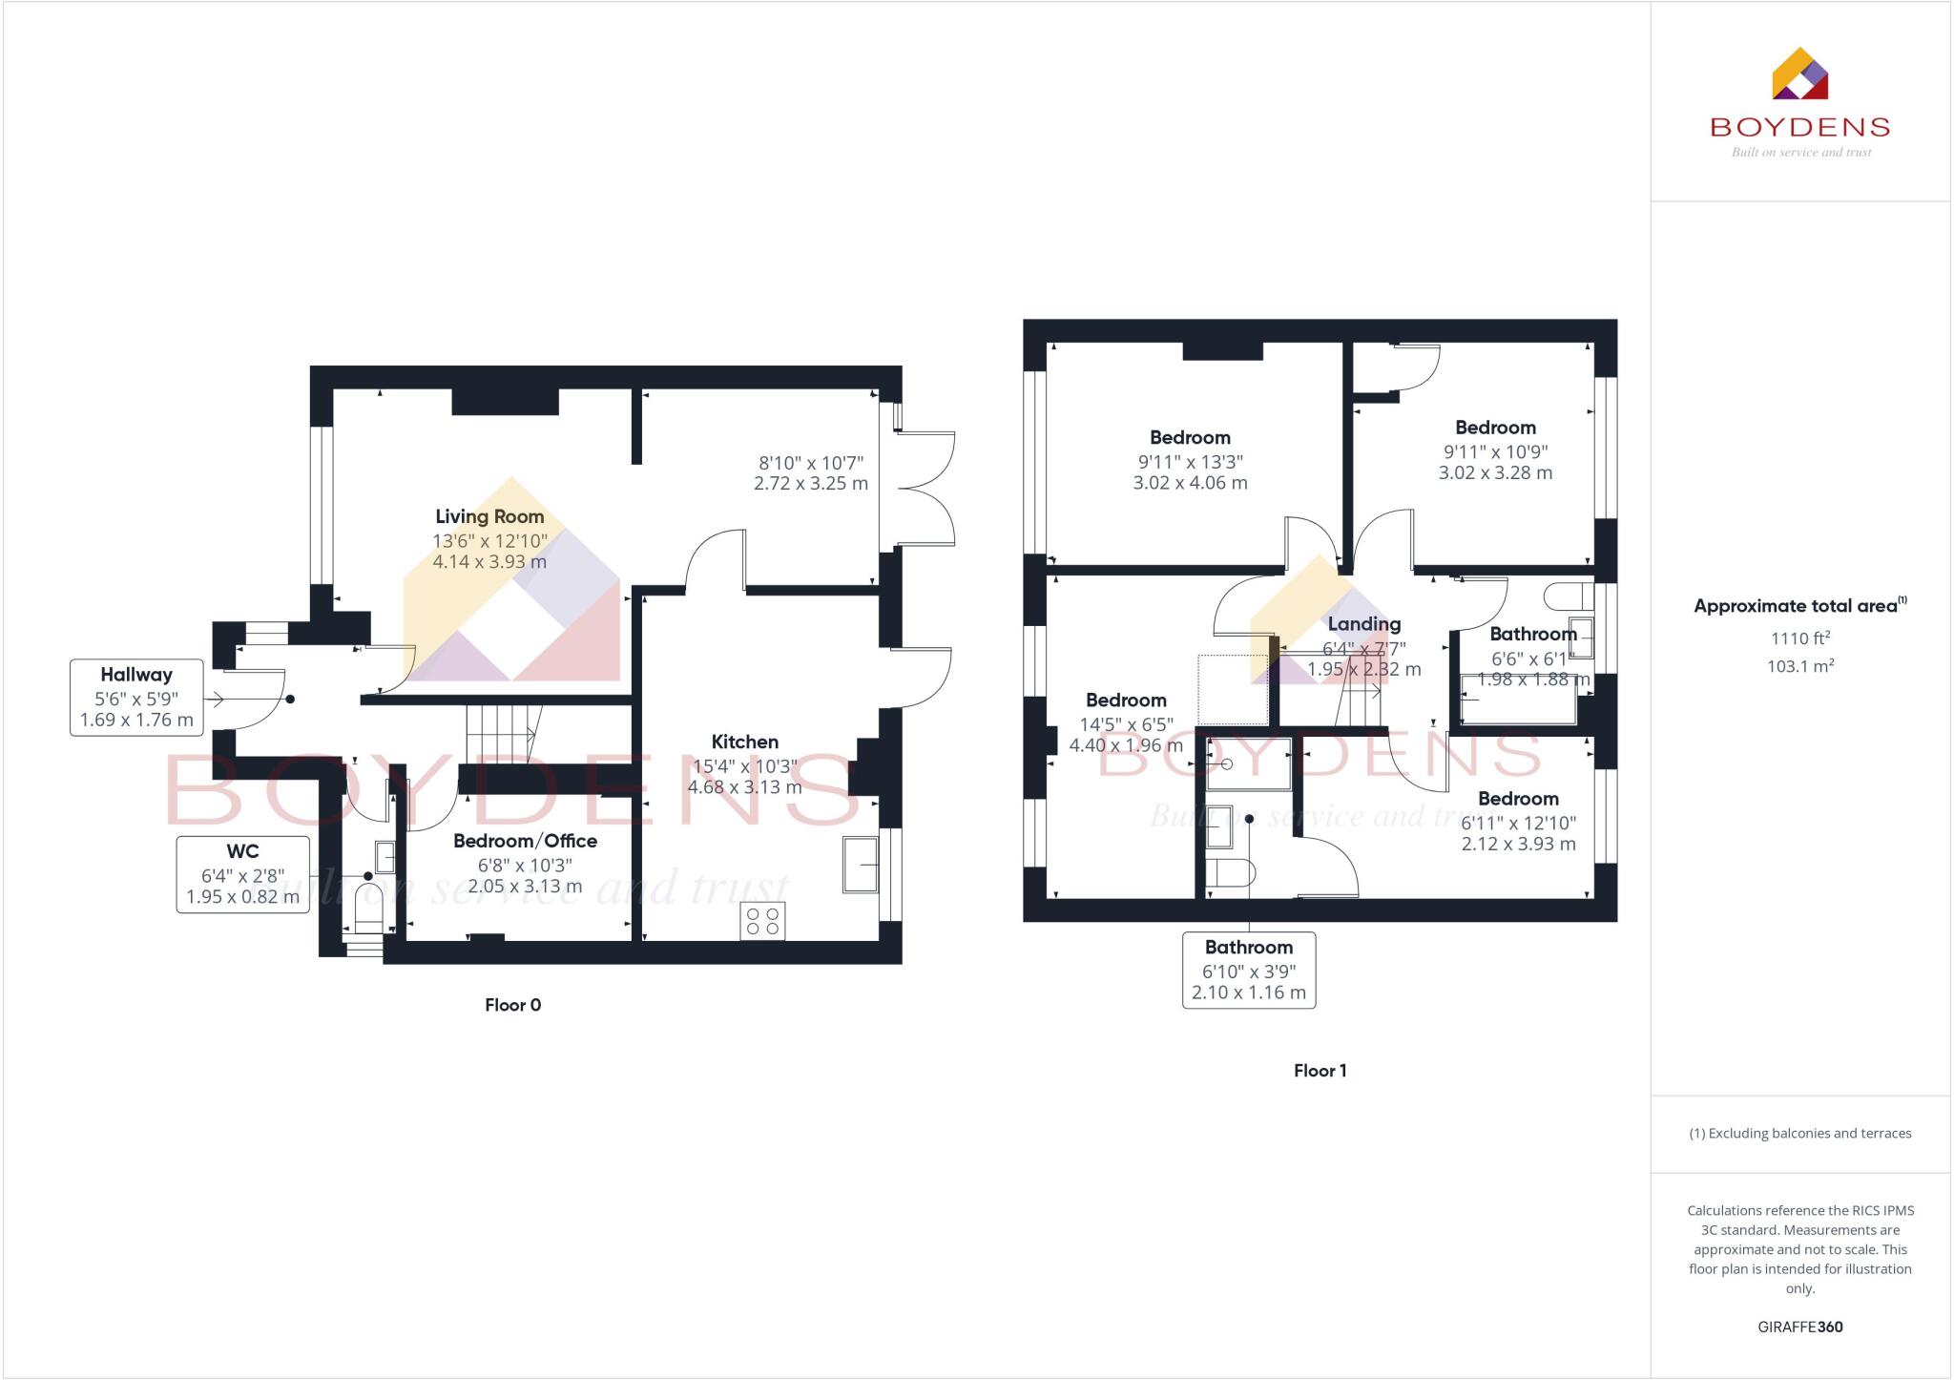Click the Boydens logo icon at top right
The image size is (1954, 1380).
tap(1799, 74)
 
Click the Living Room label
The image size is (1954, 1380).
tap(489, 516)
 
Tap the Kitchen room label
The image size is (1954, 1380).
tap(744, 742)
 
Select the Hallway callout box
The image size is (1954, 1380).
tap(136, 698)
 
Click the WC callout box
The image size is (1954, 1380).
tap(242, 874)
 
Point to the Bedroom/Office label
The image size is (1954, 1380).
tap(525, 841)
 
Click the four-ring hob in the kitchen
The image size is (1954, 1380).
tap(762, 921)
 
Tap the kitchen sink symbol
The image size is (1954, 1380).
tap(861, 865)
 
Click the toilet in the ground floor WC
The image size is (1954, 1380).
tap(368, 908)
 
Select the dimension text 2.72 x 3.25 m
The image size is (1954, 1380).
tap(810, 484)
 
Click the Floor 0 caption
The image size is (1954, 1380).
tap(512, 1005)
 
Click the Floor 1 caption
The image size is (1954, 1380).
tap(1320, 1071)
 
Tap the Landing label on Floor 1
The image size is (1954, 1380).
tap(1364, 624)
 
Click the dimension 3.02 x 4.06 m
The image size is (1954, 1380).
tap(1190, 483)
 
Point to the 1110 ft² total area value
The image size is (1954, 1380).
tap(1799, 638)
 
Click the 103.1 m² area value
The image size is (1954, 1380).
tap(1799, 666)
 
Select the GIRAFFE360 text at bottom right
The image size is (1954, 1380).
tap(1799, 1327)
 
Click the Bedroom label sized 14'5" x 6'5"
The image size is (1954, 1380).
tap(1126, 700)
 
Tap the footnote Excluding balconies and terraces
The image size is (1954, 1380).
tap(1799, 1134)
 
